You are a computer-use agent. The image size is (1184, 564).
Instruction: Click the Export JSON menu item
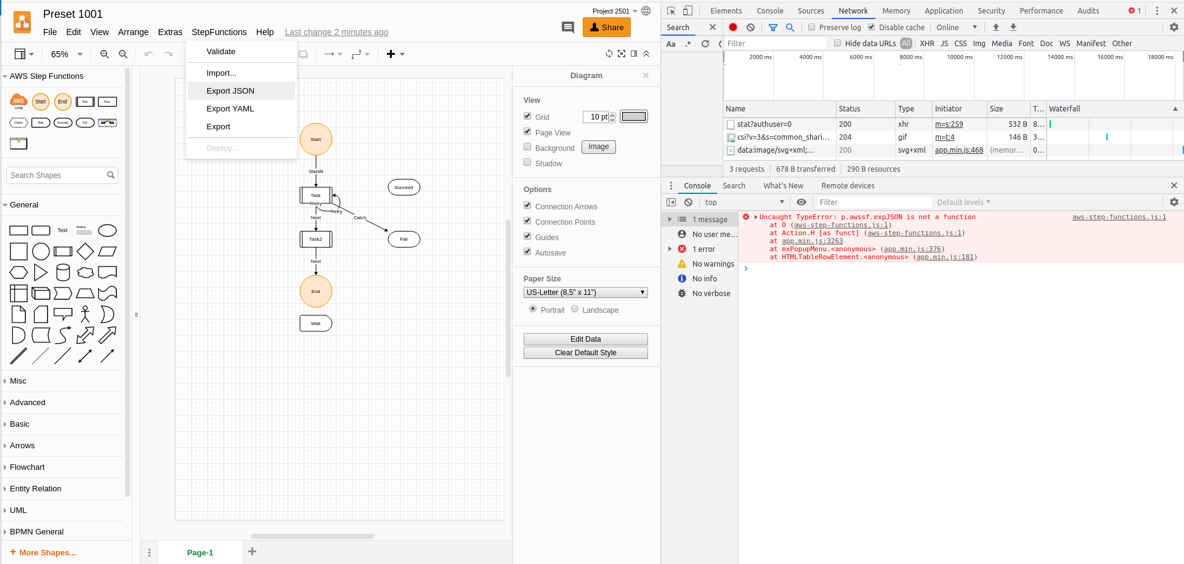(x=230, y=91)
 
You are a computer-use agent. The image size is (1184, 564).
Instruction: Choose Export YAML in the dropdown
(x=230, y=109)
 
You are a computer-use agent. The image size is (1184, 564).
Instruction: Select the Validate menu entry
(x=221, y=52)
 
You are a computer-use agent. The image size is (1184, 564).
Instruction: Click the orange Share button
(x=607, y=28)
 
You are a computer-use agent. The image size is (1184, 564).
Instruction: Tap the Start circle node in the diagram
(x=316, y=139)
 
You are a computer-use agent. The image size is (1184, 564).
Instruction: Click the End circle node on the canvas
(x=316, y=291)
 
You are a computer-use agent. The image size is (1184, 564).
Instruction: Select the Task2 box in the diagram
(x=316, y=239)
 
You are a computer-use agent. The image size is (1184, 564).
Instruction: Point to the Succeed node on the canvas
(x=404, y=187)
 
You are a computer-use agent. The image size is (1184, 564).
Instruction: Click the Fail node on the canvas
(x=404, y=239)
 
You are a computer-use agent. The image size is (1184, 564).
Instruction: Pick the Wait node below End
(x=316, y=323)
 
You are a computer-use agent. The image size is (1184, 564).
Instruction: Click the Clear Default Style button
(x=585, y=353)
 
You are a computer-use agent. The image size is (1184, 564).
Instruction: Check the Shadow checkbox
(x=527, y=163)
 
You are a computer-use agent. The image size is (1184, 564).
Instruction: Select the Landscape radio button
(x=575, y=309)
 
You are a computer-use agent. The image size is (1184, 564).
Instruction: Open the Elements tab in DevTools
(x=726, y=11)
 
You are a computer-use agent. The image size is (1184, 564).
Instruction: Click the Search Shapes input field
(x=57, y=175)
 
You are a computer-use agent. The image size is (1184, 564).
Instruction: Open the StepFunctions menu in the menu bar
(x=219, y=32)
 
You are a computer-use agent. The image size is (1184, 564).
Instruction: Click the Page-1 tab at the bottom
(x=200, y=552)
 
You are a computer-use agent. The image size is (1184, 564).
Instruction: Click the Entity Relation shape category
(x=36, y=489)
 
